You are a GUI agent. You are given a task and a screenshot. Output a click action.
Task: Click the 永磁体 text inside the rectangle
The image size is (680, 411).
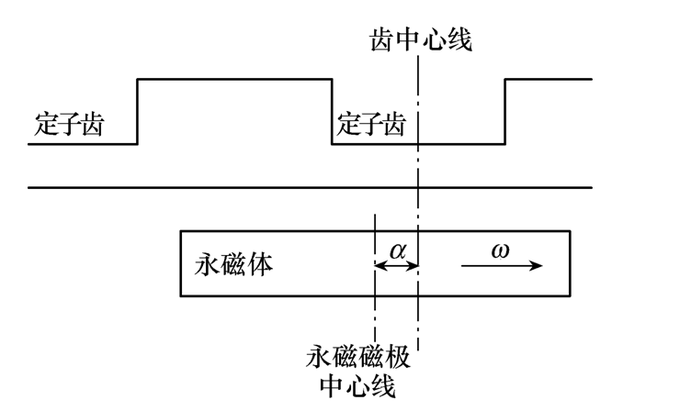pyautogui.click(x=234, y=264)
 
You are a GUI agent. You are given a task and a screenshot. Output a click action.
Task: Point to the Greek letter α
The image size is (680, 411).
pyautogui.click(x=397, y=249)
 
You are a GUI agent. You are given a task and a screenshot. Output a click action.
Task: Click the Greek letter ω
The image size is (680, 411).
pyautogui.click(x=499, y=249)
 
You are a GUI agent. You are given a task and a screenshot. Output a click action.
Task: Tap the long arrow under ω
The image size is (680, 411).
pyautogui.click(x=501, y=266)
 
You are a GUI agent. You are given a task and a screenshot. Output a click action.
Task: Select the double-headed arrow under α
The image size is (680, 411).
pyautogui.click(x=397, y=266)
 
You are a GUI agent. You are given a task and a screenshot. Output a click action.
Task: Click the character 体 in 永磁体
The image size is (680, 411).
pyautogui.click(x=260, y=264)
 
